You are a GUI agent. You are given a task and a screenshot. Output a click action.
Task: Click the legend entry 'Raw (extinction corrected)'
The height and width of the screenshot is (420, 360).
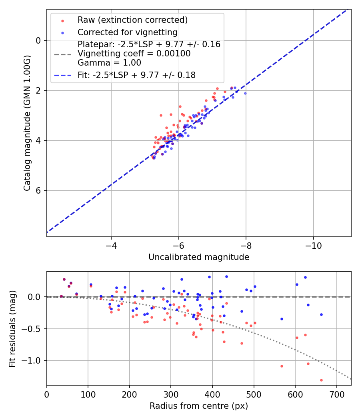coord(132,20)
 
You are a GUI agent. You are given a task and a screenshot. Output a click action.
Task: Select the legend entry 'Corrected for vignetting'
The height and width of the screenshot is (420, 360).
coord(127,32)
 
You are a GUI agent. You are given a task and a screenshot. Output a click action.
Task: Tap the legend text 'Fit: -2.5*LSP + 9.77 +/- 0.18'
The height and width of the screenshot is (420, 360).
coord(136,75)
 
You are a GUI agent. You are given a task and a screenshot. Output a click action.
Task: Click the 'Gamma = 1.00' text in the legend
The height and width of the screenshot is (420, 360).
coord(109,62)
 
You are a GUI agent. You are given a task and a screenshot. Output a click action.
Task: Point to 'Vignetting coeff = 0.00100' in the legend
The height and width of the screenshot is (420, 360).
coord(134,54)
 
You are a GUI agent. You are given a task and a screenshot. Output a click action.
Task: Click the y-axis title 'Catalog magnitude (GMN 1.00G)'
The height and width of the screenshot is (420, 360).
coord(27,122)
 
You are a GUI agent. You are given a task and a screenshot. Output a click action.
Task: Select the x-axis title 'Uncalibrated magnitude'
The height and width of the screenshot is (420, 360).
coord(199,257)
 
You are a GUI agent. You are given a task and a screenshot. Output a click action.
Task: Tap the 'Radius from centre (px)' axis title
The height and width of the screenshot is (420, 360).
coord(199,406)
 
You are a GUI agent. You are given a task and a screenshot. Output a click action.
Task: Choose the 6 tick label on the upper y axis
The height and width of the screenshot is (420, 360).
coord(38,190)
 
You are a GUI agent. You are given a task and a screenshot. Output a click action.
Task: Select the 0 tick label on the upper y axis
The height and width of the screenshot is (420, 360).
coord(38,40)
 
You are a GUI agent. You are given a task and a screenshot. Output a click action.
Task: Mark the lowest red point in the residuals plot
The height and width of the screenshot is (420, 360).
coord(321,380)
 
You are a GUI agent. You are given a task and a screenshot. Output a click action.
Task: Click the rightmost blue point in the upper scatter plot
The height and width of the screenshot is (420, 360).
coord(245,93)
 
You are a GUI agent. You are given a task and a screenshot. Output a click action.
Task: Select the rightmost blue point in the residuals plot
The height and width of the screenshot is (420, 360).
coord(321,314)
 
